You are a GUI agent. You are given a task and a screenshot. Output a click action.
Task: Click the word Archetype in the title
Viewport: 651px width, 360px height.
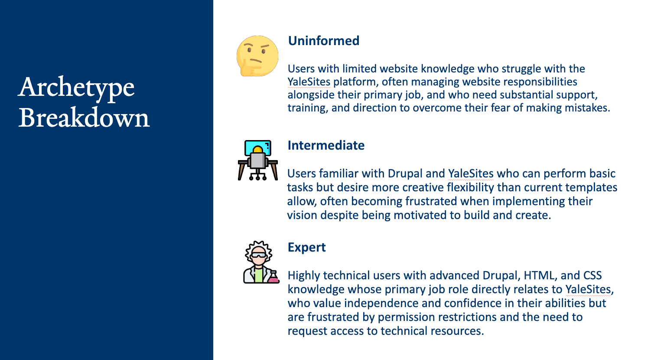(x=76, y=88)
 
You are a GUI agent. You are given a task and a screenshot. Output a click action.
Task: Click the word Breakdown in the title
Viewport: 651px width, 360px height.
(x=84, y=118)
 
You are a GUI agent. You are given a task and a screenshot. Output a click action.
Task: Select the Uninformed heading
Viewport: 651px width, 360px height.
(x=323, y=41)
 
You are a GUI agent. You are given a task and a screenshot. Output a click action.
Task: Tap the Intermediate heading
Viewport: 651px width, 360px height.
(x=326, y=145)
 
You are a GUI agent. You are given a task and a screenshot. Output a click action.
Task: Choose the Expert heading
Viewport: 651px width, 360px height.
(x=306, y=247)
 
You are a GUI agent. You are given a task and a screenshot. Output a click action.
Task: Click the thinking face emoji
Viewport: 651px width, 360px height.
(x=257, y=56)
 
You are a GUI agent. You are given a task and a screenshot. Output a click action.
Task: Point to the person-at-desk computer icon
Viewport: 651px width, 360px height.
(x=258, y=160)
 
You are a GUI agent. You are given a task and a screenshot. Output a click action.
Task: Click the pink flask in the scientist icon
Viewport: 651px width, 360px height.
(x=273, y=278)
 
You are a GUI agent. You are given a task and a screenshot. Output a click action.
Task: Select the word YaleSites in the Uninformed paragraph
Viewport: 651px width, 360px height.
(x=309, y=82)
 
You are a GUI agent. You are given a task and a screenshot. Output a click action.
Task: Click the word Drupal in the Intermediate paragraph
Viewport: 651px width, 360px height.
(x=405, y=173)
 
